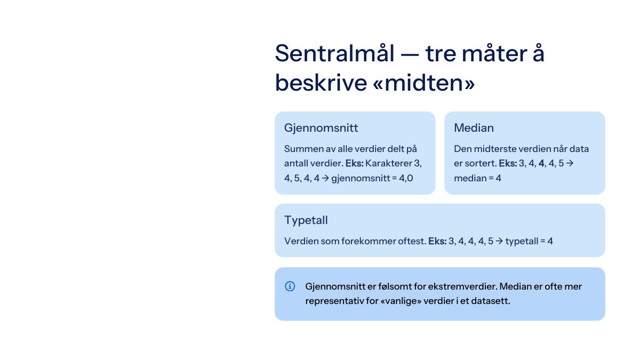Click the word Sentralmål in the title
334,53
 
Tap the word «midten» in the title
423,83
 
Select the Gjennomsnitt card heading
321,128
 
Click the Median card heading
474,127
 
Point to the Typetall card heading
306,220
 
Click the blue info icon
290,286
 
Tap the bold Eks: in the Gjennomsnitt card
354,163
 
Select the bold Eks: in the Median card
508,163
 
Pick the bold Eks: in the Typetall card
437,241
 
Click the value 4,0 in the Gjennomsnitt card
406,178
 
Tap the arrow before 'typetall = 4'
499,241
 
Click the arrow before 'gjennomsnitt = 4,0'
325,178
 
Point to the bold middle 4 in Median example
541,163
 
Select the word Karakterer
388,163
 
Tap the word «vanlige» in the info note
401,301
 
